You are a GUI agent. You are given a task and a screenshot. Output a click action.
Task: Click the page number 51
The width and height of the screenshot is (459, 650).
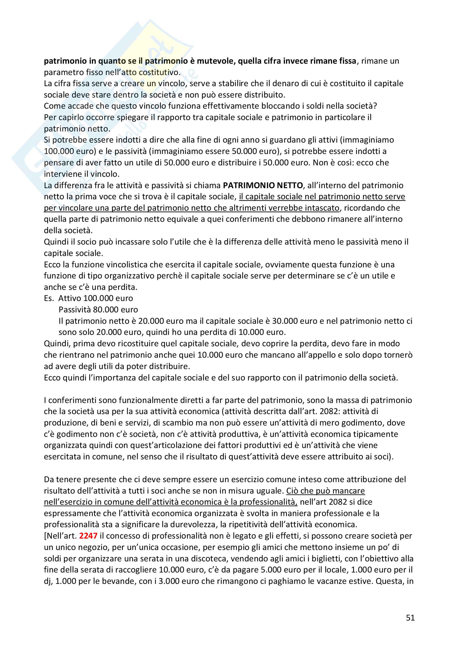point(410,618)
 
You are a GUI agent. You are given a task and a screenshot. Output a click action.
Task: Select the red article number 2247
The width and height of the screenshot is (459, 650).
point(88,536)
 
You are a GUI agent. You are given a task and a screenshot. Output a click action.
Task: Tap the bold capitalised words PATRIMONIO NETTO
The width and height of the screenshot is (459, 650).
point(263,185)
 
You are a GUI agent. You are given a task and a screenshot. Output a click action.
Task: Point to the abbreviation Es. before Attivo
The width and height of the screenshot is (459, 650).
point(49,298)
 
